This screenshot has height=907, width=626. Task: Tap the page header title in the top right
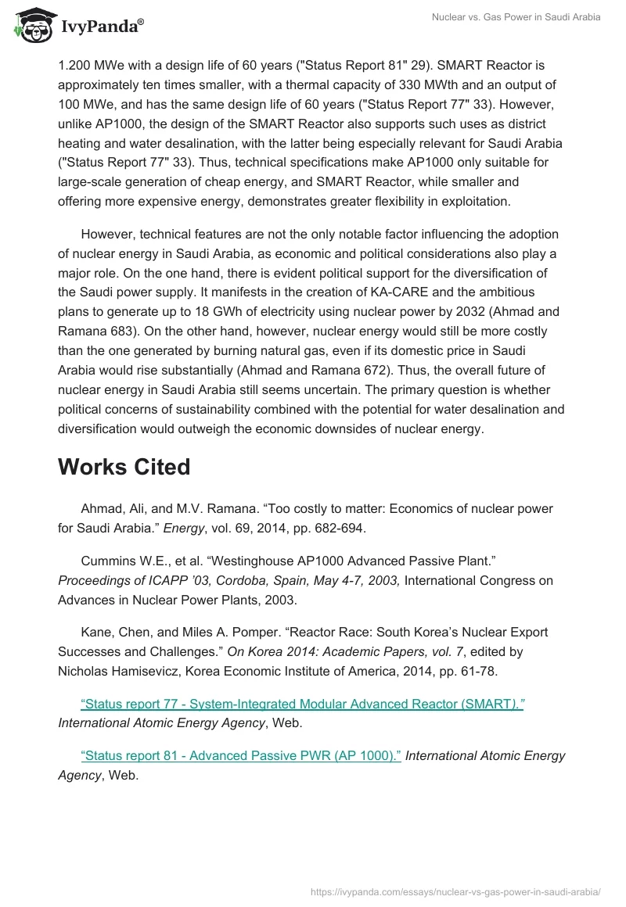[516, 16]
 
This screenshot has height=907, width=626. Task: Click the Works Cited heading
[124, 467]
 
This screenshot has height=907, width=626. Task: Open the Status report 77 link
[302, 704]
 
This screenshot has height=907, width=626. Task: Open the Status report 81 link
[241, 755]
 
